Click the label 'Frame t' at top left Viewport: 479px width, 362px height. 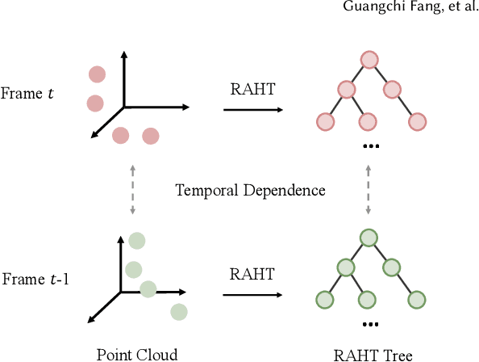point(28,93)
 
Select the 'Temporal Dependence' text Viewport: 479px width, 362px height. point(250,191)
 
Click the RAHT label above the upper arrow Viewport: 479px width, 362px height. point(248,90)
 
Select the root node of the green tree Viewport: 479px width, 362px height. point(369,238)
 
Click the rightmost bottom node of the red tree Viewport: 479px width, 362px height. point(417,122)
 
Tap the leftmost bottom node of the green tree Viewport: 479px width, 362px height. point(323,300)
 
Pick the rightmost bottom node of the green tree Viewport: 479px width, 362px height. point(417,300)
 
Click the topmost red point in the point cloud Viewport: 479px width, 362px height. point(98,74)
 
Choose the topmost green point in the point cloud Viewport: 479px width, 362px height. point(136,240)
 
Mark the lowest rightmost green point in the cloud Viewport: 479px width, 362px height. point(178,312)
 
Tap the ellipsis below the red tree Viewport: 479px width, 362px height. point(370,145)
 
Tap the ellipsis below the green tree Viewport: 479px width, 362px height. point(370,323)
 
